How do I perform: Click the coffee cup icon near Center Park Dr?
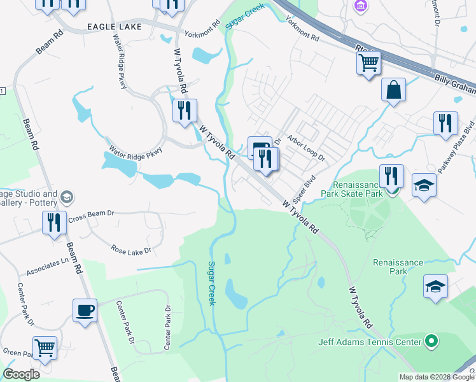tap(85, 311)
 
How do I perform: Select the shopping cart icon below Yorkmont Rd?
tap(368, 63)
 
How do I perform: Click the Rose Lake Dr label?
tap(131, 250)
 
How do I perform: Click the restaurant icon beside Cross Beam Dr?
tap(54, 222)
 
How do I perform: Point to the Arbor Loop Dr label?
tap(306, 148)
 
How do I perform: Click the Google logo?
tap(22, 374)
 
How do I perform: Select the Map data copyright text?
tap(437, 377)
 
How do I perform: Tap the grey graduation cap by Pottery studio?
tap(66, 197)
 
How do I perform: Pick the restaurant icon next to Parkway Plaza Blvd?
tap(445, 123)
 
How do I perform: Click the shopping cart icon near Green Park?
tap(45, 348)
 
